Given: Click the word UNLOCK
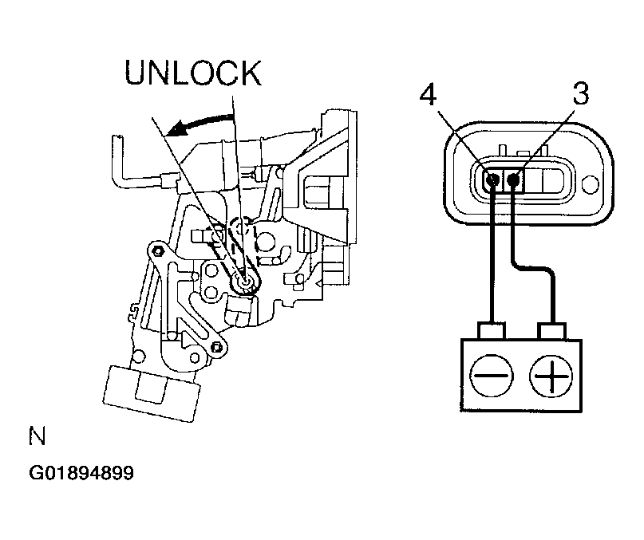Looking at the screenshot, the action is [x=192, y=73].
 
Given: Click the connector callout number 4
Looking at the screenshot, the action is [x=428, y=95].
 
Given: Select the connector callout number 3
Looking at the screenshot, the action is [x=581, y=93].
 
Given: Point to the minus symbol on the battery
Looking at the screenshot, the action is [x=492, y=376].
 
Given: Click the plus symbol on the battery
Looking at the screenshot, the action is [x=551, y=376].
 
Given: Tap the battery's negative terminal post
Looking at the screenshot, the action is [x=492, y=330].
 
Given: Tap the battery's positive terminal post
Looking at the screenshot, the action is [x=552, y=331].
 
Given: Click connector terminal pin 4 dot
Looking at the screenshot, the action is [x=492, y=179].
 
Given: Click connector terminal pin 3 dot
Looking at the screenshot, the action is [x=513, y=179].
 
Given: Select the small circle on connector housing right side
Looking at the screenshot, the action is [x=591, y=185].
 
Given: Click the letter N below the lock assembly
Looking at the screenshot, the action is [x=37, y=436].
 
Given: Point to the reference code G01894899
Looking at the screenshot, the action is [x=81, y=473].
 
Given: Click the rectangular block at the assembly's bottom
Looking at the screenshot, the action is [x=151, y=394].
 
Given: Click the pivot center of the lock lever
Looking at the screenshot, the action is [x=246, y=282].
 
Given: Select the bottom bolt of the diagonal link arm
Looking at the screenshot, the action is [x=215, y=348].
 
